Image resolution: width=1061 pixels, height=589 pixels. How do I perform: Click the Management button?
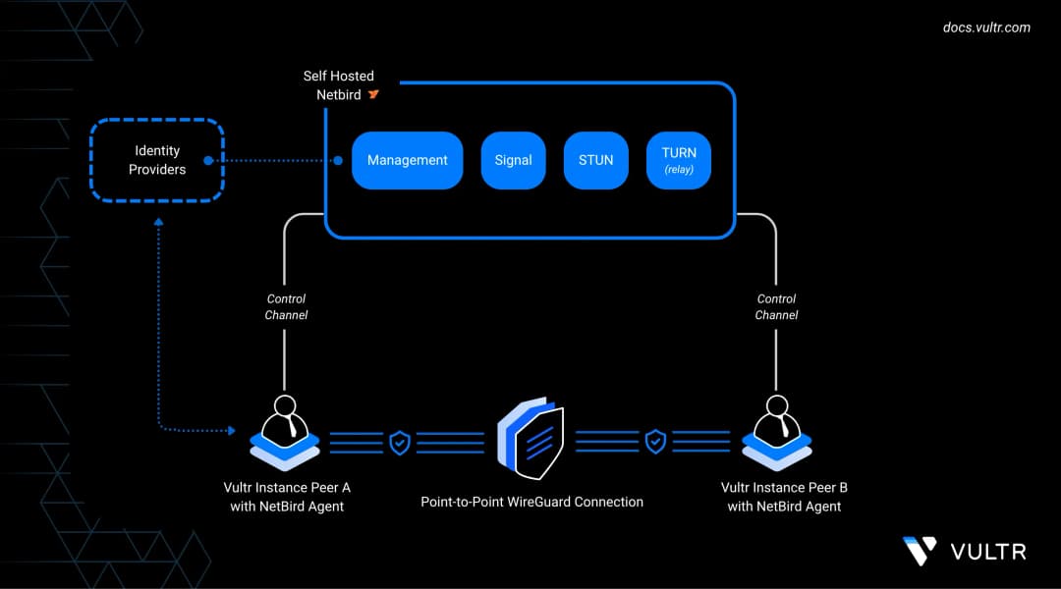[408, 160]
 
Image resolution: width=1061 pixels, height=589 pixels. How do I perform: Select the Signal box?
[513, 160]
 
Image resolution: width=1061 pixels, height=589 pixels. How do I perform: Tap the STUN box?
[595, 160]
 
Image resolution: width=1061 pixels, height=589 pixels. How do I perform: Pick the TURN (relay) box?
[679, 160]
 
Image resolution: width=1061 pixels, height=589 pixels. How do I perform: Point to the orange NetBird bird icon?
[373, 94]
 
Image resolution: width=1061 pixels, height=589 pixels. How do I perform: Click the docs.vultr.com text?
[986, 27]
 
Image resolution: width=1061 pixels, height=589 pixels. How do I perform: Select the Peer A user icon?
[285, 433]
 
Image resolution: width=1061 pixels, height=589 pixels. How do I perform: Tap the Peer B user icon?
[777, 433]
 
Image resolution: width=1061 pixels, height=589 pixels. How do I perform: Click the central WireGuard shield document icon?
[530, 438]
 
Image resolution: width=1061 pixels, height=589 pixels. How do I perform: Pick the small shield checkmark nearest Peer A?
[400, 443]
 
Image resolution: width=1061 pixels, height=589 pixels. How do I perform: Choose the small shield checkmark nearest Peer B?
[655, 442]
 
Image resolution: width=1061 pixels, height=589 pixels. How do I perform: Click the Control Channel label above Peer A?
[286, 307]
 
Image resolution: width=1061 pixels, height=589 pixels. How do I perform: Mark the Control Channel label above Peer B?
[776, 307]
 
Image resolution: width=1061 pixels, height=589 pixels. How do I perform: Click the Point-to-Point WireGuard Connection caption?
[531, 502]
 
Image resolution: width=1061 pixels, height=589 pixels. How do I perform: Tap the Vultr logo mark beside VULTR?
[920, 551]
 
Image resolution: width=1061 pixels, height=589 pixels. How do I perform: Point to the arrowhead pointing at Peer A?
[232, 430]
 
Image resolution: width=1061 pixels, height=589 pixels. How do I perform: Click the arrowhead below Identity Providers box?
[158, 222]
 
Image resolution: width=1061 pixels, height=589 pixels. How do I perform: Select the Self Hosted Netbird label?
[338, 85]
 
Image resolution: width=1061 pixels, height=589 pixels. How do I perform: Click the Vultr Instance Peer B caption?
[784, 497]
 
